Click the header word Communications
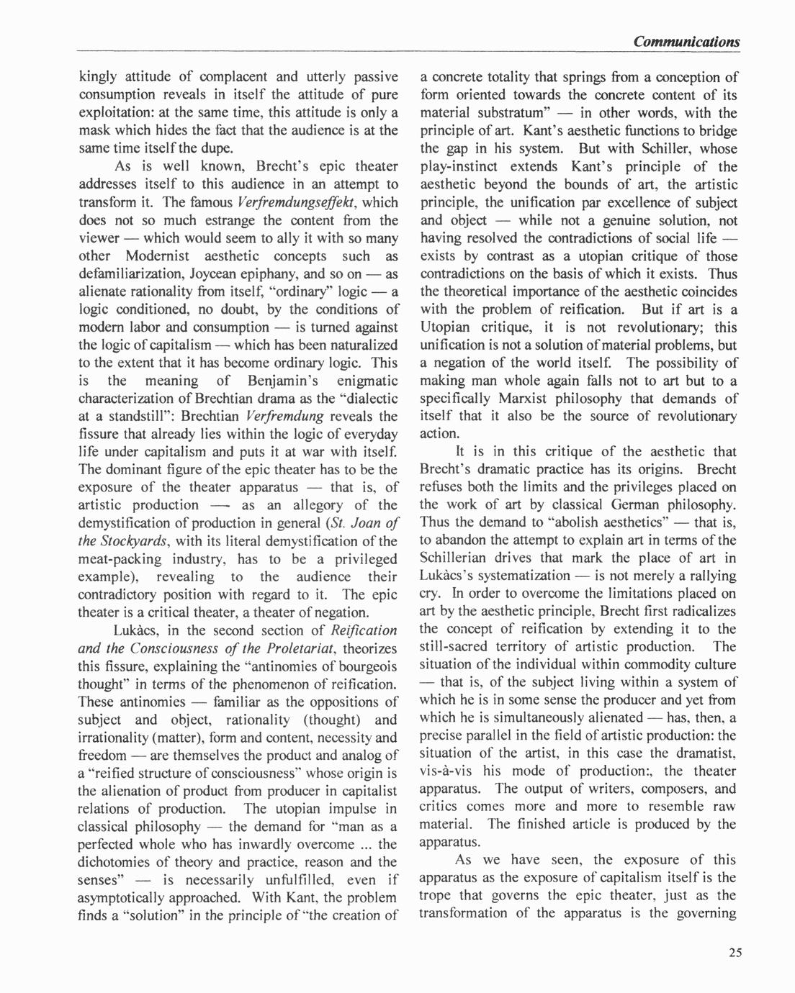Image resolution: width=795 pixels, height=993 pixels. click(x=686, y=42)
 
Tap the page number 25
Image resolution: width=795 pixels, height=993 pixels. click(x=734, y=953)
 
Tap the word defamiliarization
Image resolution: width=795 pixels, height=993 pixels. click(x=133, y=273)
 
